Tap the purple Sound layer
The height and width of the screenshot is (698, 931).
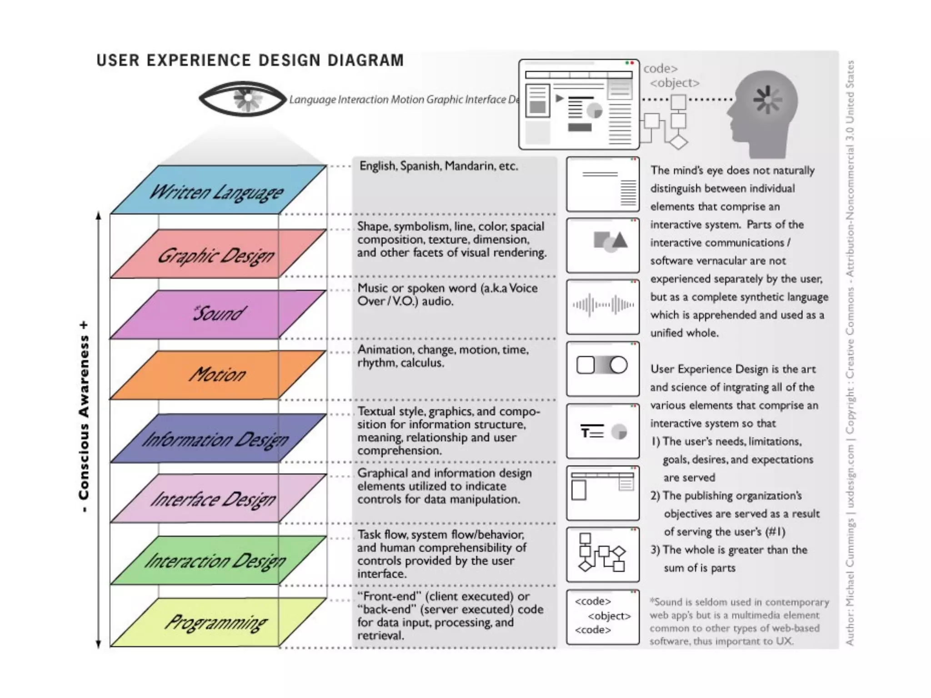coord(217,314)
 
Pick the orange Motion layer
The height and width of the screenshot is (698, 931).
coord(217,375)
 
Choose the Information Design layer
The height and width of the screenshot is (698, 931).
coord(217,439)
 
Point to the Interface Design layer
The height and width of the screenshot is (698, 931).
coord(217,499)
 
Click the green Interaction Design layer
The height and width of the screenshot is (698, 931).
coord(217,560)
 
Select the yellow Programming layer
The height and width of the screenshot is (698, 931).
coord(217,622)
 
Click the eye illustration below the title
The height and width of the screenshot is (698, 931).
coord(243,99)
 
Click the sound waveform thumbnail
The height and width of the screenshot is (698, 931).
coord(603,305)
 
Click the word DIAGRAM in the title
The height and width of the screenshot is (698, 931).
coord(365,60)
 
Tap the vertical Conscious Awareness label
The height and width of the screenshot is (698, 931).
coord(84,417)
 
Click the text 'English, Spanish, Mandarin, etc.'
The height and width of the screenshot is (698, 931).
coord(439,166)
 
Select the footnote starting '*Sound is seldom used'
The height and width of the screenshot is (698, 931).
coord(739,621)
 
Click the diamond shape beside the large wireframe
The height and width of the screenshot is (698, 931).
coord(678,142)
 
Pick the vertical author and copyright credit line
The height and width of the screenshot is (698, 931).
coord(850,353)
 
